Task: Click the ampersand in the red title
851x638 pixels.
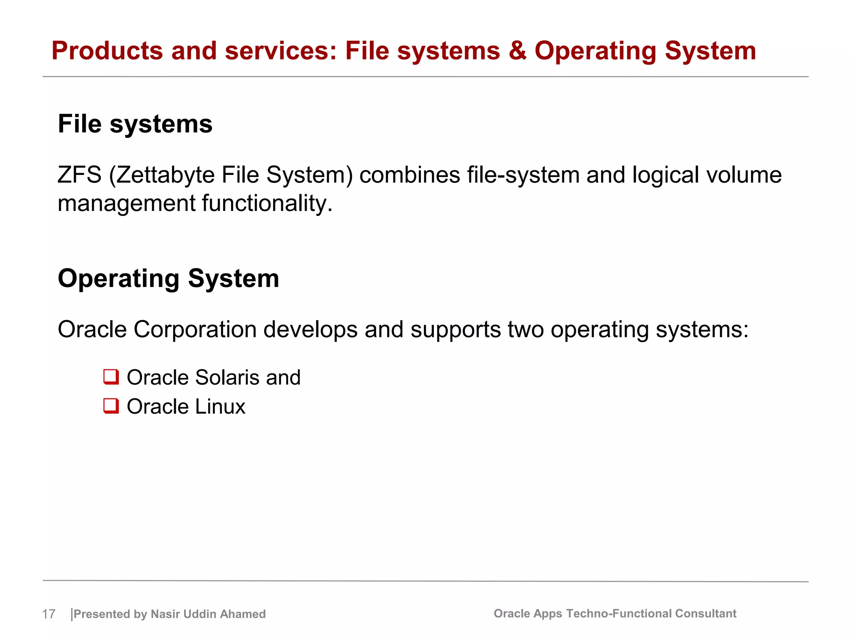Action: (x=517, y=51)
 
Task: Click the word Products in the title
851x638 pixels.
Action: (x=107, y=51)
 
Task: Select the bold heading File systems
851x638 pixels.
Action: (x=135, y=124)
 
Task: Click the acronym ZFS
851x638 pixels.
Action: (x=79, y=175)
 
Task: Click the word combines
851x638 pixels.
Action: (x=409, y=175)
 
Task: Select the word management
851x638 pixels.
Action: (x=126, y=204)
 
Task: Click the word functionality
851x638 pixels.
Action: (x=267, y=204)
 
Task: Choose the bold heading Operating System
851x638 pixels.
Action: (x=168, y=278)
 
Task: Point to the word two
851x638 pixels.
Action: (x=526, y=329)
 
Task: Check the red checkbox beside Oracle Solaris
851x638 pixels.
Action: (x=111, y=377)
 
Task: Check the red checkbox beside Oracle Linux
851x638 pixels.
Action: (x=111, y=406)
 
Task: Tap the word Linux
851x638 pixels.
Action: (x=220, y=406)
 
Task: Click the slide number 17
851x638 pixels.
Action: (x=49, y=614)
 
